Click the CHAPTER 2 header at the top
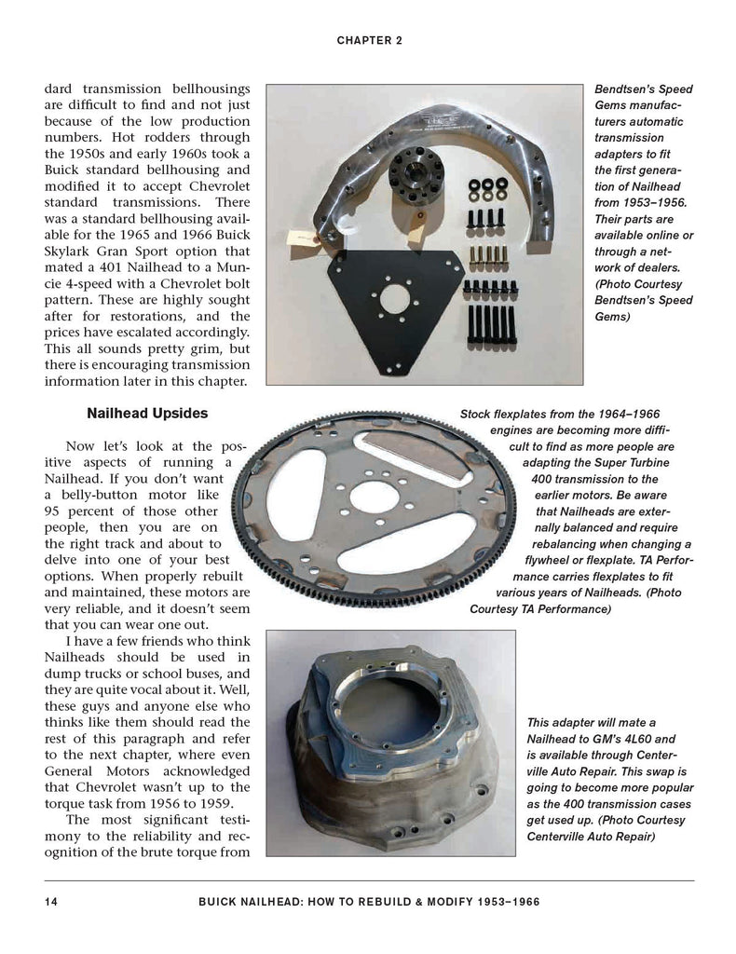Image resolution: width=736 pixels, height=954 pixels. pos(368,41)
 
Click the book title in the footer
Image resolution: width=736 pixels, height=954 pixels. pos(369,902)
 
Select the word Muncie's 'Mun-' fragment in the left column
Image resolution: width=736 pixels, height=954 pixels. pos(232,267)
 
